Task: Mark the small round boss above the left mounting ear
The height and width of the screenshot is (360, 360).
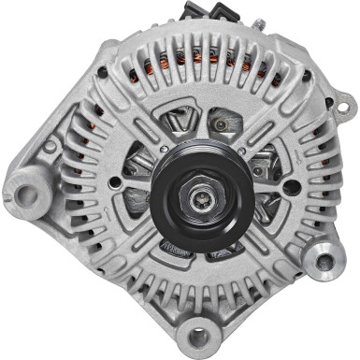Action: coord(50,146)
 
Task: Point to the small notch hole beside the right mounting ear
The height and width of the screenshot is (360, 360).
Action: coord(303,245)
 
